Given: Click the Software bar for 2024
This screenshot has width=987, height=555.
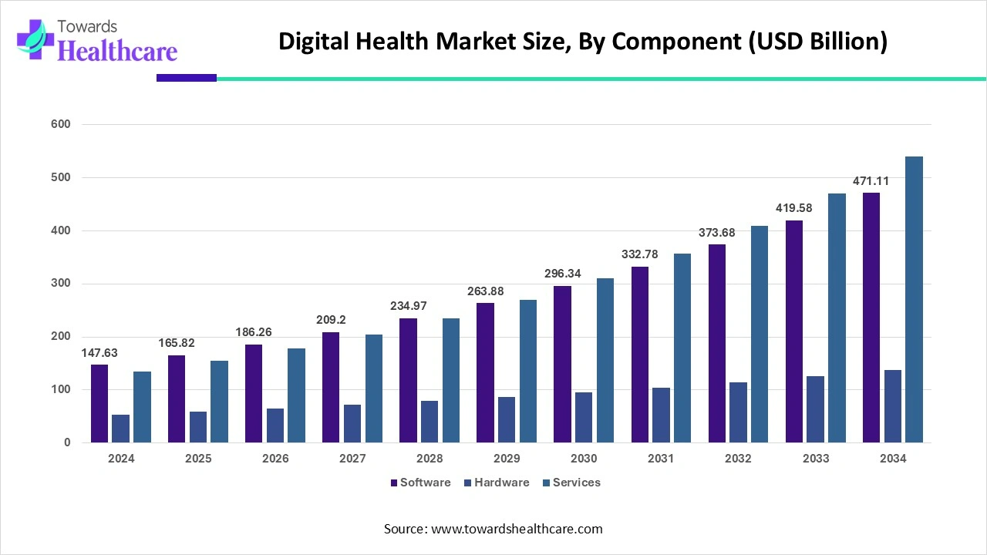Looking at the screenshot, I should (99, 403).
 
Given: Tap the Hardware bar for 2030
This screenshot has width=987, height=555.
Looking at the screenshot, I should (584, 417).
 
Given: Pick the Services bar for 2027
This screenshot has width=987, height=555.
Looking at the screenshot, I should (373, 388).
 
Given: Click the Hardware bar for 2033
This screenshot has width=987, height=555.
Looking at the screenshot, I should (815, 409).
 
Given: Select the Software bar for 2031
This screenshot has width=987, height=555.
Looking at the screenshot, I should (640, 355).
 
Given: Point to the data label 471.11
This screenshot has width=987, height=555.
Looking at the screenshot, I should (871, 181).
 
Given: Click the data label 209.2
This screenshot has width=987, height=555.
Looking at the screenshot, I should (331, 320).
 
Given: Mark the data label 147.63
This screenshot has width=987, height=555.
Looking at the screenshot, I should (99, 352).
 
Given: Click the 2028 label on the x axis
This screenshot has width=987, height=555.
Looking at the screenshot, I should (429, 459).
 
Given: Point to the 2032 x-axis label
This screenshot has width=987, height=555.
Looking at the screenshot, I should (738, 459).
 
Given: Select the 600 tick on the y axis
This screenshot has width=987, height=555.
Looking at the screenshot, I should (62, 124).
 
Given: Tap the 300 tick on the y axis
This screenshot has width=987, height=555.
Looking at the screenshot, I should (62, 284).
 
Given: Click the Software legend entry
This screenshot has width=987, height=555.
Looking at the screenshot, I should (420, 483).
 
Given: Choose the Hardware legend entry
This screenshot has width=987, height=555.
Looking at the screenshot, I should (497, 483).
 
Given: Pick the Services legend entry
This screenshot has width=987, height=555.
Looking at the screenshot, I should (571, 483).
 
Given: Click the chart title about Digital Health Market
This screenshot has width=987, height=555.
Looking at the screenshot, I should (583, 41).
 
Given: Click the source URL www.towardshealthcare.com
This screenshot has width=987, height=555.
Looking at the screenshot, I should (515, 529).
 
